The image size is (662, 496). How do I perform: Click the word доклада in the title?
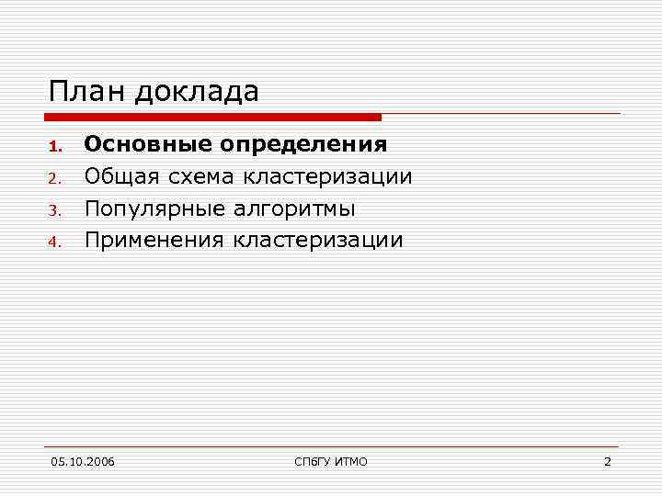point(197,92)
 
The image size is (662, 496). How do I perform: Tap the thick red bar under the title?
point(212,118)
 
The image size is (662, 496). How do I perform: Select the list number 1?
point(54,146)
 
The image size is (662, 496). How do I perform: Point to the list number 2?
point(54,178)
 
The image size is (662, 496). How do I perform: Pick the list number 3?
point(54,210)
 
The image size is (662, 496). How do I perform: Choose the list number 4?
point(54,242)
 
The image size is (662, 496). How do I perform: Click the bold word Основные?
point(147,144)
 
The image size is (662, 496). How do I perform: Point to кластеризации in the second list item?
point(327,176)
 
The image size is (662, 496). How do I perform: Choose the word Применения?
point(154,241)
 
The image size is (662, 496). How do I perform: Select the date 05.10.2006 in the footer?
point(83,461)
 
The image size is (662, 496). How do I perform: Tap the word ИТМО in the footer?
point(350,461)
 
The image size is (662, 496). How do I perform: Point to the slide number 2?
point(607,461)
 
